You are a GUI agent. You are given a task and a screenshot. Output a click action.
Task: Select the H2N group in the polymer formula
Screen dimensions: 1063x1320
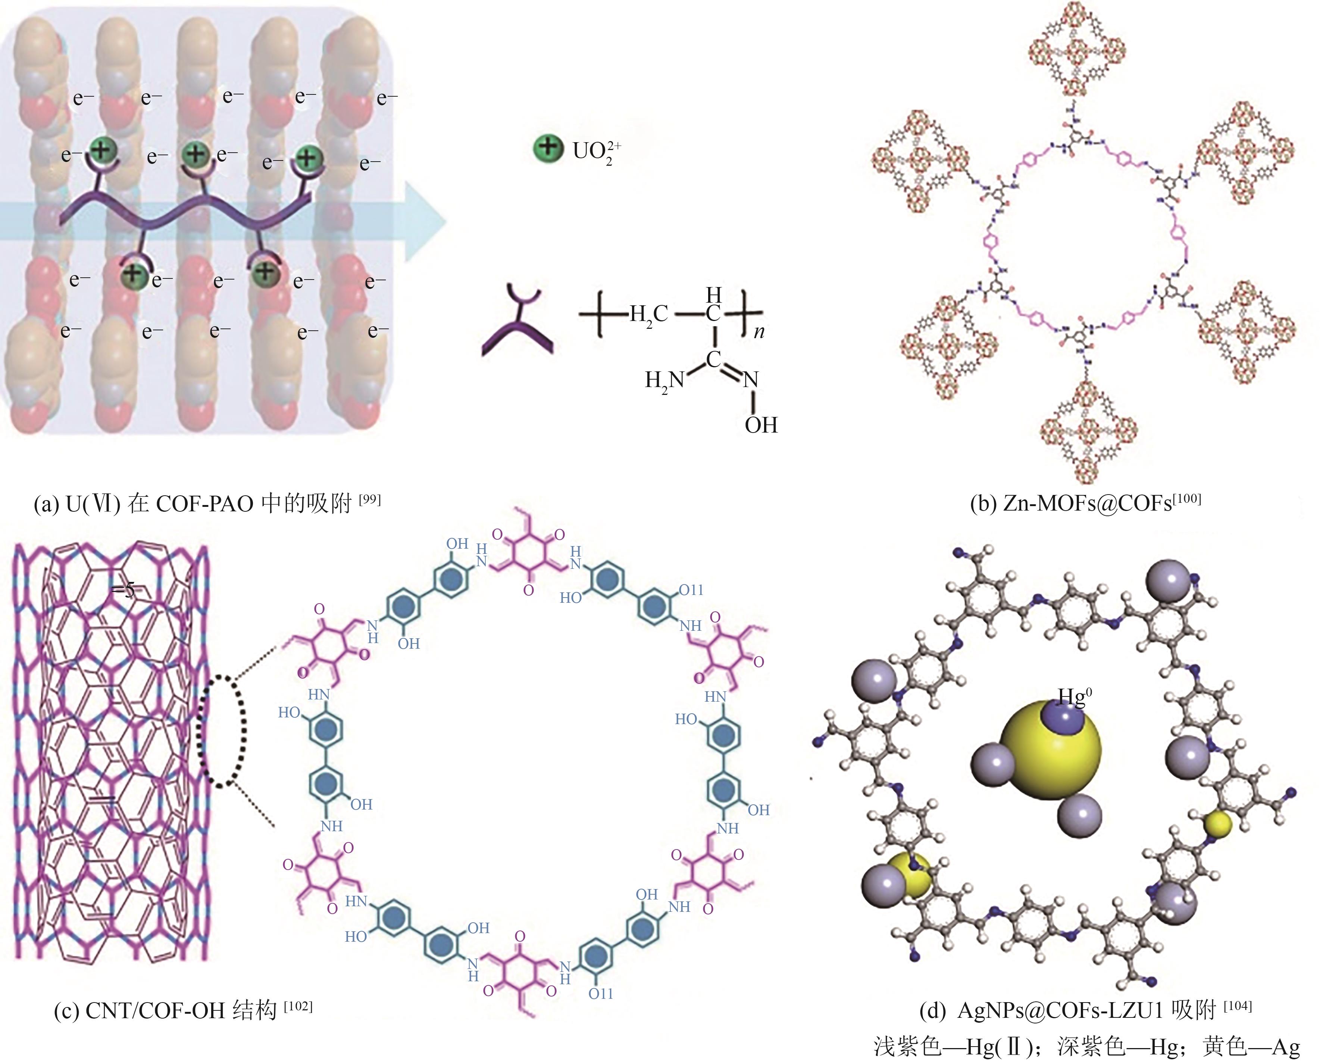pos(664,381)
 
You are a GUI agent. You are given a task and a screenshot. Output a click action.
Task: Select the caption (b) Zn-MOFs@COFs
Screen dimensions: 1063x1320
pos(1085,504)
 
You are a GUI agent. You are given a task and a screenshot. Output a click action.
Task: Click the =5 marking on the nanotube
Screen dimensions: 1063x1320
pos(122,590)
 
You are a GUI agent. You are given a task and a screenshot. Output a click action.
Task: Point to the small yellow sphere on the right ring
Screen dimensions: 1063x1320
pos(1217,824)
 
